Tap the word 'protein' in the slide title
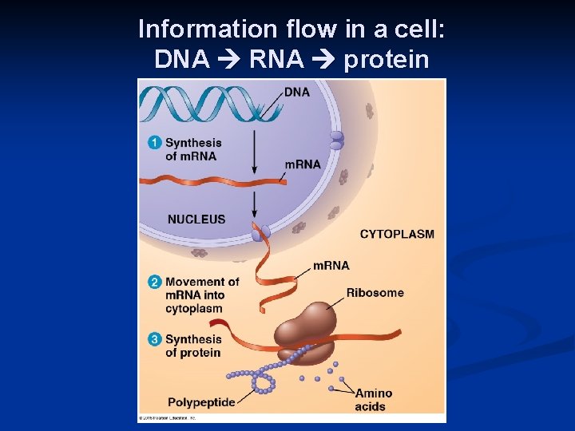coord(387,60)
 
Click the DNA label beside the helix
coord(297,93)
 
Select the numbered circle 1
coord(155,143)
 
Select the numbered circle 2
coord(155,282)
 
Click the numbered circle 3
coord(155,339)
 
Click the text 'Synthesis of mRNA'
coord(193,149)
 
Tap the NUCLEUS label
coord(196,219)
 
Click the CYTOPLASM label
coord(397,234)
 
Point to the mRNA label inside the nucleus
coord(303,164)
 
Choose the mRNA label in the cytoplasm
coord(331,265)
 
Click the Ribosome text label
coord(375,293)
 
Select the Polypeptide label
coord(201,402)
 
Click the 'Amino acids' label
coord(374,400)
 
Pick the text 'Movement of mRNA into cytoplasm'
coord(201,295)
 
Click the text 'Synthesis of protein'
coord(193,346)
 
